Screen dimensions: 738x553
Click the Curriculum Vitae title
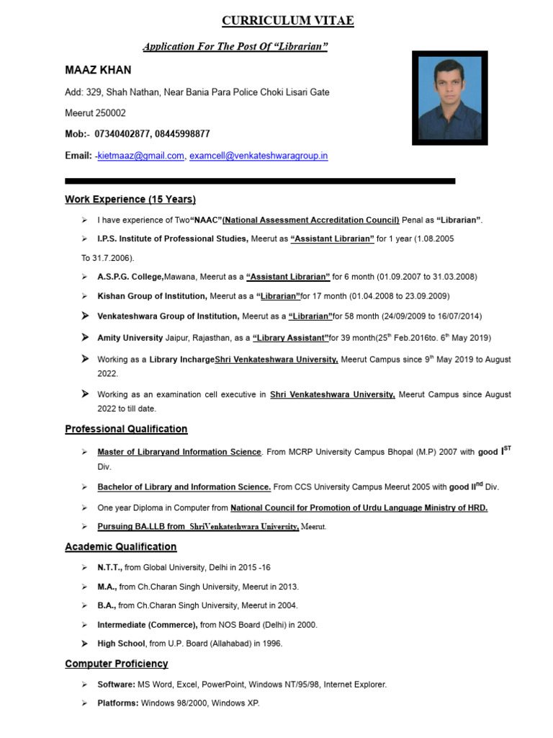point(287,21)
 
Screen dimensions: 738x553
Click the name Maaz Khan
point(98,70)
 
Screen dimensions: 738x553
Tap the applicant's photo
point(449,98)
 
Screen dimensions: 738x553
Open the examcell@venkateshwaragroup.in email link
point(258,155)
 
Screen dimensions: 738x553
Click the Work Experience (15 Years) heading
point(130,199)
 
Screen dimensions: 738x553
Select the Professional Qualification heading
point(126,429)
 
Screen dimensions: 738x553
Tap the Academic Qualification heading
point(120,546)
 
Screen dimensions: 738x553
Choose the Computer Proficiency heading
point(116,663)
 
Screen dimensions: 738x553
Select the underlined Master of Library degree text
point(179,452)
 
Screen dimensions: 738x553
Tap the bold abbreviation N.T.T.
point(109,567)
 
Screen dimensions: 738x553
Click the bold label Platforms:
point(118,703)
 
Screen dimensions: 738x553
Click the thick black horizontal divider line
point(260,181)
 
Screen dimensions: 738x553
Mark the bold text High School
point(121,643)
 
